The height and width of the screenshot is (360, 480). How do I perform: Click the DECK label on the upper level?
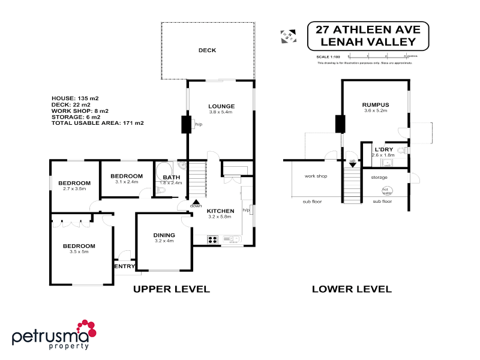click(x=207, y=50)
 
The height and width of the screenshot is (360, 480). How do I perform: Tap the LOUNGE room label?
click(x=221, y=106)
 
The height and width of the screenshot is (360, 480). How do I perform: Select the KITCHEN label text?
click(x=220, y=211)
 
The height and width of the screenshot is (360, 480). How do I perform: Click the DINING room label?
click(x=164, y=235)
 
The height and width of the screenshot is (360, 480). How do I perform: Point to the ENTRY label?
click(x=124, y=266)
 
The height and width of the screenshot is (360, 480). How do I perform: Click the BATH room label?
click(x=172, y=177)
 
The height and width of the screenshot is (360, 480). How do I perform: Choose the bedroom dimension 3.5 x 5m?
click(x=80, y=252)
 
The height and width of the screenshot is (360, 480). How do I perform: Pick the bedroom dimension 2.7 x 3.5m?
click(x=74, y=189)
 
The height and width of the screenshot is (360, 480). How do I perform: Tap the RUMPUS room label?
click(x=376, y=104)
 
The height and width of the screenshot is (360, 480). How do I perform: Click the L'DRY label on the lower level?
click(x=383, y=149)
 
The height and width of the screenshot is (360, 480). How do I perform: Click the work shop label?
click(x=315, y=176)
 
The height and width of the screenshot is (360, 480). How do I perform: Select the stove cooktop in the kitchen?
click(x=212, y=240)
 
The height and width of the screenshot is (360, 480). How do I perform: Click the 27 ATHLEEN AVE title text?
click(x=369, y=29)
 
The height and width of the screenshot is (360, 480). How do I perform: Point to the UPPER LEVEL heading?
click(x=171, y=289)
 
